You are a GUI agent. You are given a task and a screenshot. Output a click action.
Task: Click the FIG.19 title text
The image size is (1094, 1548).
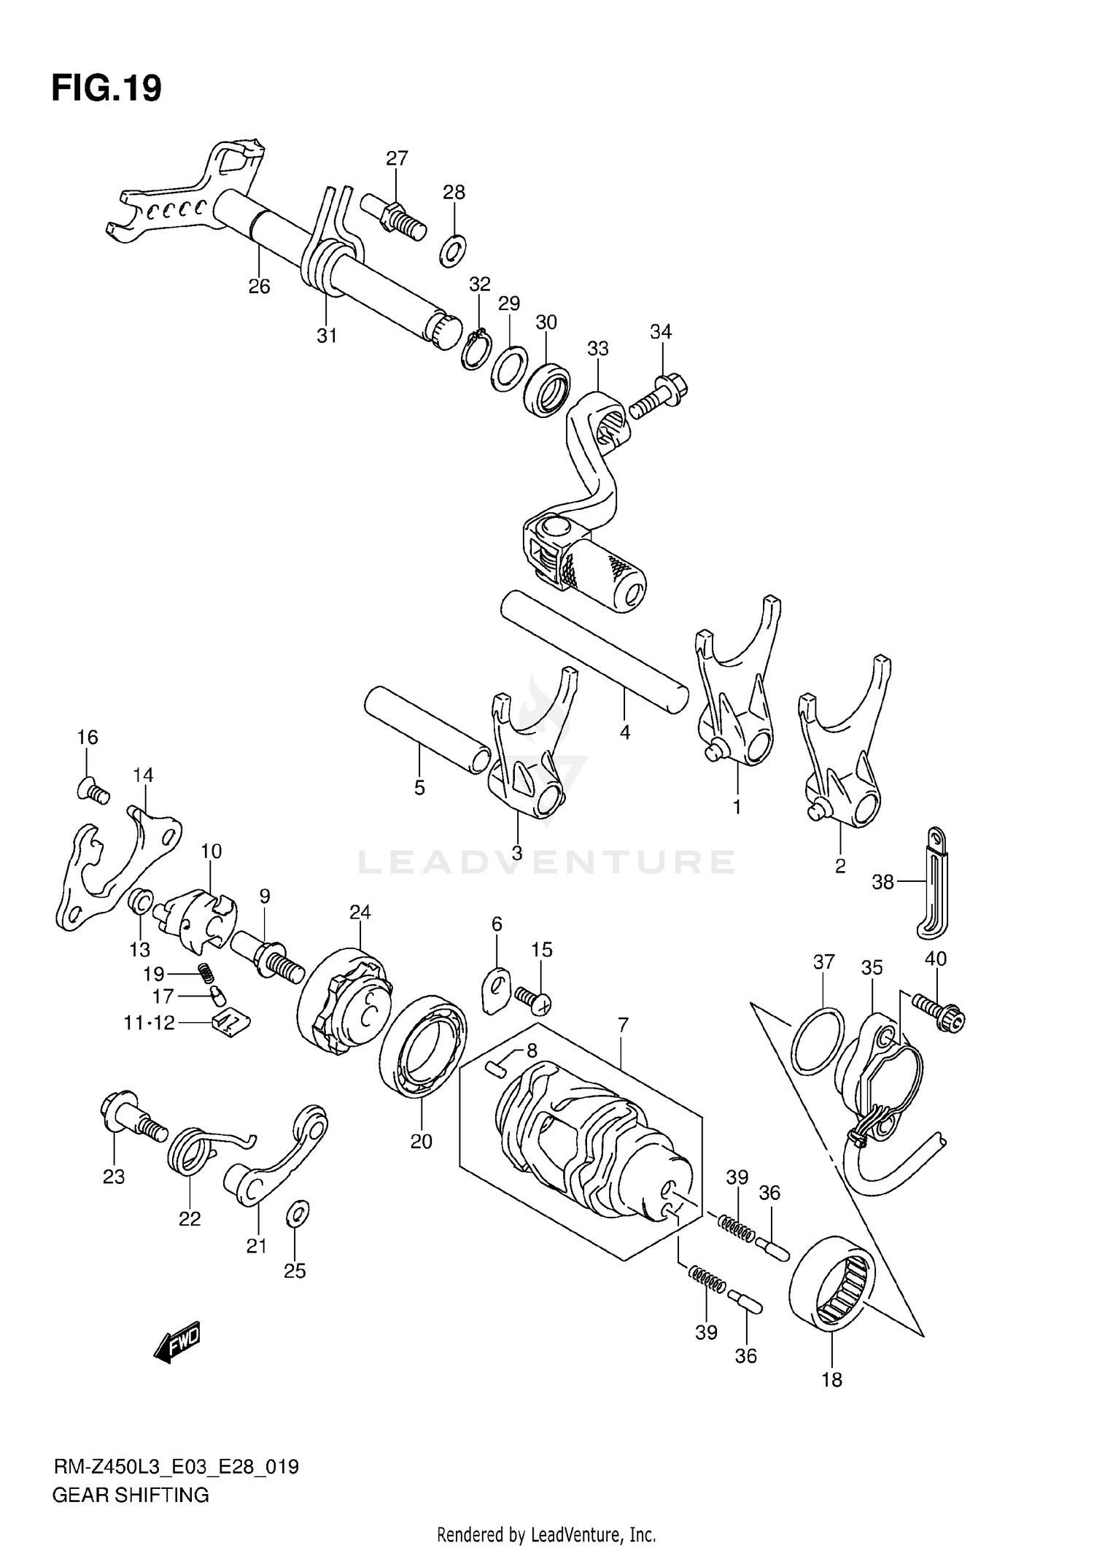[x=106, y=89]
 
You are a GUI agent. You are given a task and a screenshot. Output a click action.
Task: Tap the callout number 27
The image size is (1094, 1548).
[x=397, y=158]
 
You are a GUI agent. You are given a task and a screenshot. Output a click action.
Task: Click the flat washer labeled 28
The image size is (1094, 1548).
[x=454, y=250]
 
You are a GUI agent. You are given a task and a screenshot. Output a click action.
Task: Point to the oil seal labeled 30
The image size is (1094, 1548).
[x=548, y=391]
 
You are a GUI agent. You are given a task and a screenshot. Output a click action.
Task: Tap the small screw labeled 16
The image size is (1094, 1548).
[x=93, y=791]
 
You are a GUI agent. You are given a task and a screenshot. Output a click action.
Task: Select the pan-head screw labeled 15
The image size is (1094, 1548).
[x=533, y=999]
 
